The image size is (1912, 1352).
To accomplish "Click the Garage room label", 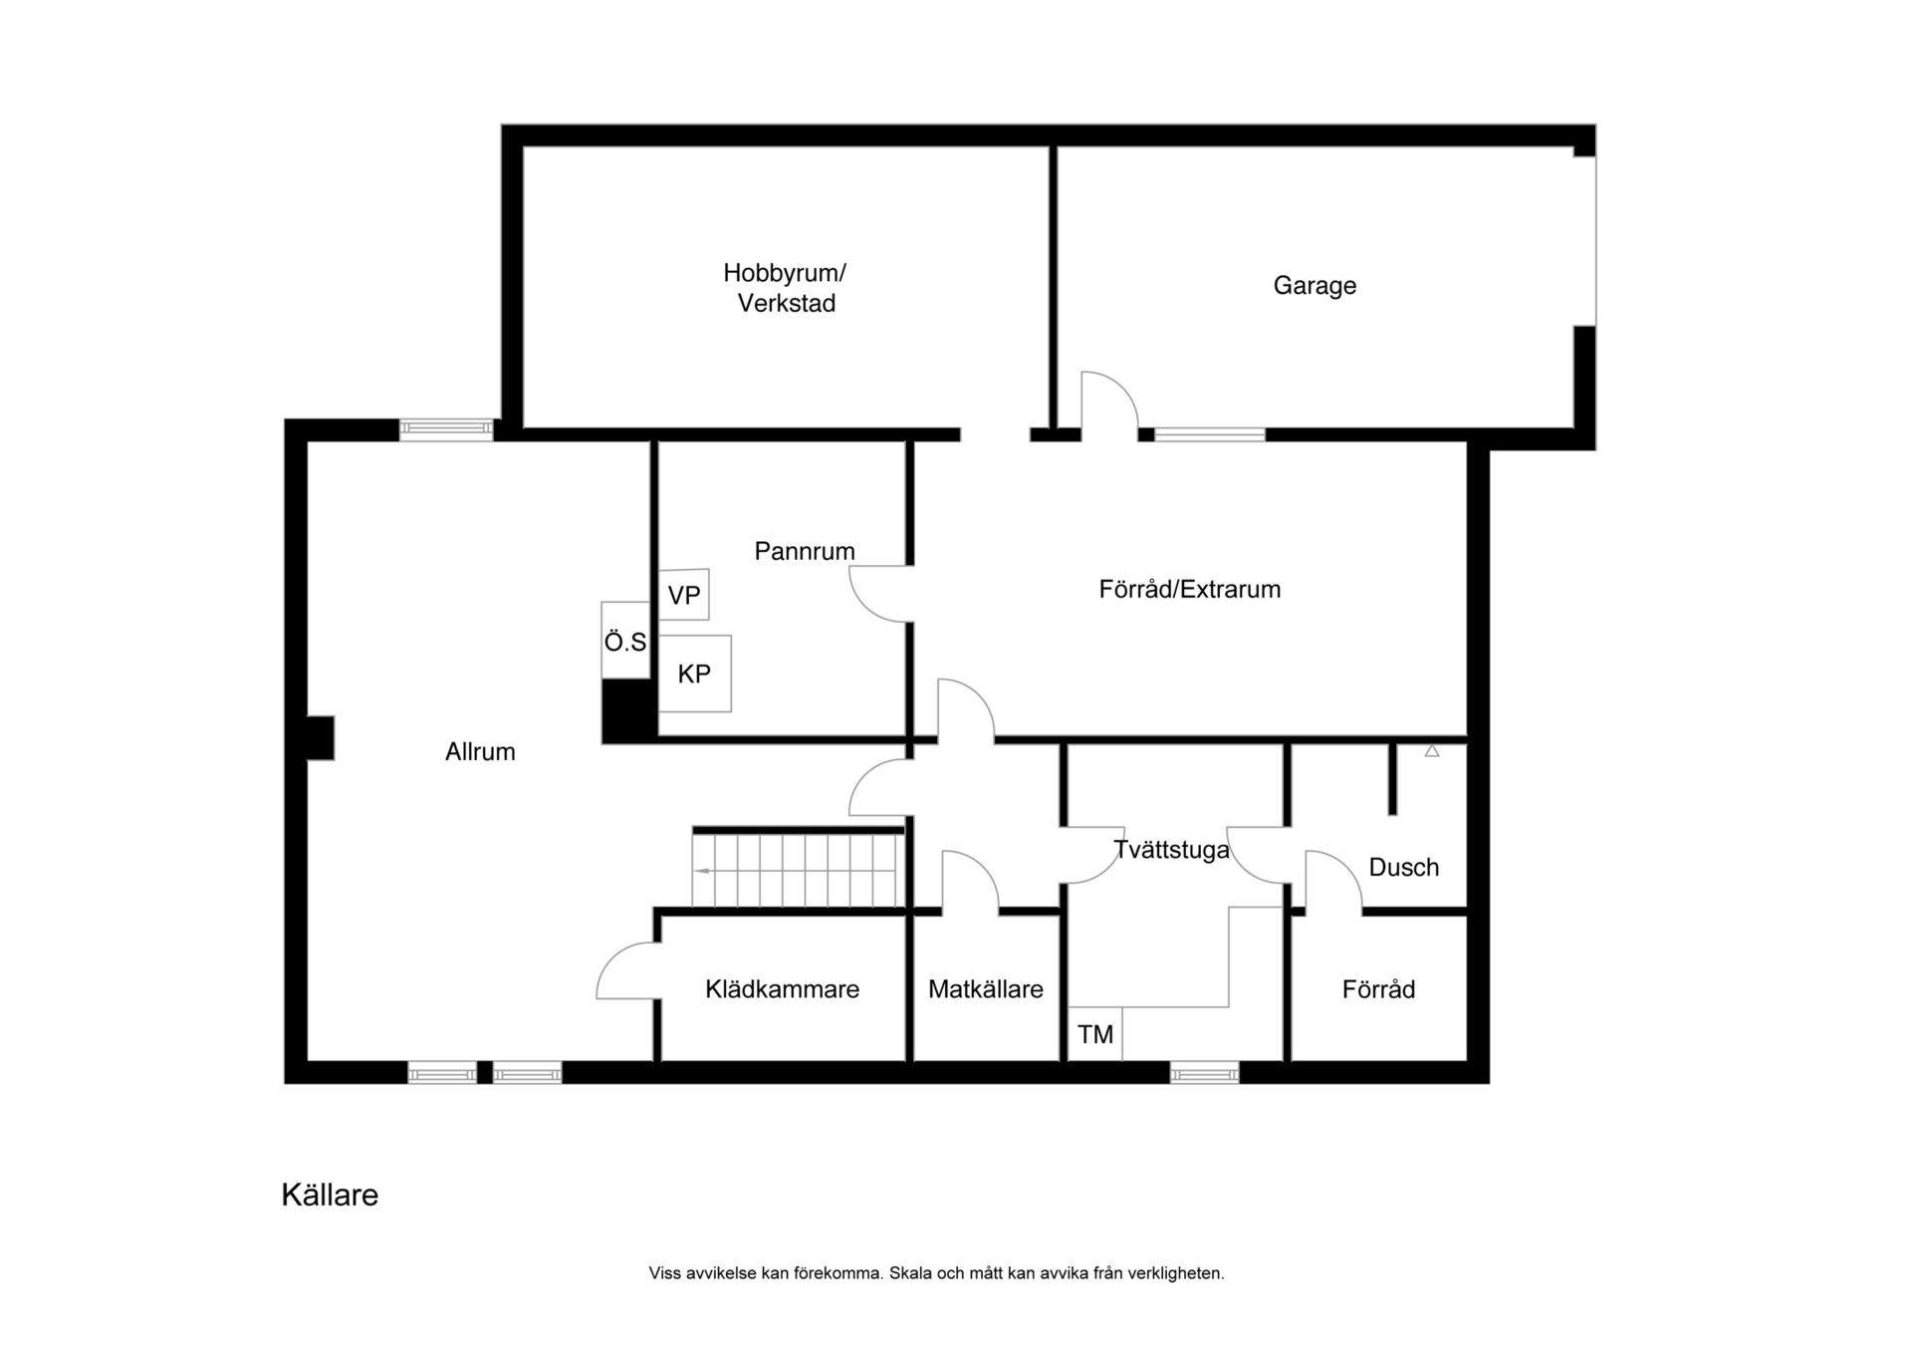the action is click(x=1314, y=286).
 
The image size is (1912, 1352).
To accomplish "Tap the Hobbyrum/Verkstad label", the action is click(x=785, y=288).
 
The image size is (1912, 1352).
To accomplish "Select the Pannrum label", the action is click(x=805, y=551).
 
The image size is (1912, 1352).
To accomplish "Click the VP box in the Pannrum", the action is click(x=684, y=595).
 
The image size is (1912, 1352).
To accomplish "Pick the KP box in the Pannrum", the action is click(x=695, y=674).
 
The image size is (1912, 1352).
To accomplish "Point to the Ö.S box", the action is click(x=625, y=641).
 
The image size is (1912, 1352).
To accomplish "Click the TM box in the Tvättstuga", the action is click(x=1095, y=1034).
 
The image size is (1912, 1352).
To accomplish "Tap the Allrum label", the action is click(x=480, y=752).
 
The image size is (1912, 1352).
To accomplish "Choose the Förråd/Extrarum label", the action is click(x=1190, y=589).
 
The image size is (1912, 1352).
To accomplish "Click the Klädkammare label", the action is click(x=783, y=989).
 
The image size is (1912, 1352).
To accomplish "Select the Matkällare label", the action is click(x=986, y=989).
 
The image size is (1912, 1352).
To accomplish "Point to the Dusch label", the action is click(x=1404, y=868).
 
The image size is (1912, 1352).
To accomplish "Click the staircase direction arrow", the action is click(x=702, y=871).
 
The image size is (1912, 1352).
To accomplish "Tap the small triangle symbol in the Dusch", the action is click(x=1432, y=751).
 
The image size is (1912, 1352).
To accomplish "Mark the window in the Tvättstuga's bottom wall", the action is click(x=1205, y=1073).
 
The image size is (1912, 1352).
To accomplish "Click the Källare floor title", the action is click(x=330, y=1195).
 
